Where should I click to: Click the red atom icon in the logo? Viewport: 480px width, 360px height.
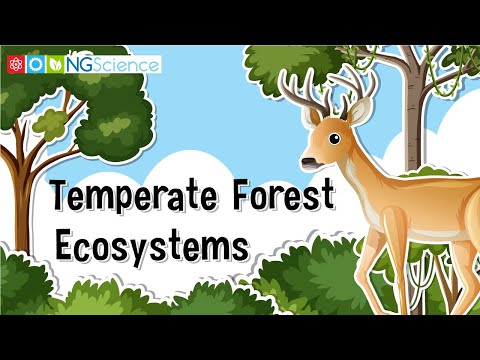coord(15,64)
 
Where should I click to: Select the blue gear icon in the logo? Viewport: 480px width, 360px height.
coord(35,64)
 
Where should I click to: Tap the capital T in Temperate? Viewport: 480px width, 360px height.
coord(62,196)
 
